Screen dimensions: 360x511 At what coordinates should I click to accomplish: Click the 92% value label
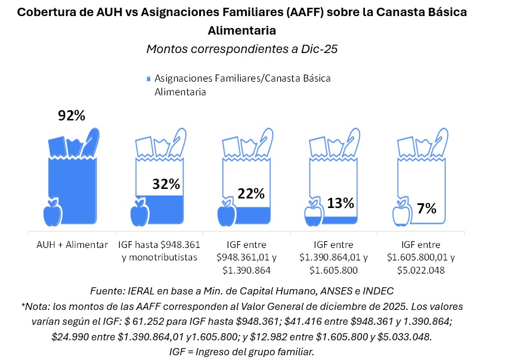click(72, 116)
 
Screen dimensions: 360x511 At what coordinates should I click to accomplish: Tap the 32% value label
click(166, 184)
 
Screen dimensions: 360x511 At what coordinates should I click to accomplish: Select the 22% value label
click(250, 194)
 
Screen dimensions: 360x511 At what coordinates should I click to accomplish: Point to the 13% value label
click(340, 203)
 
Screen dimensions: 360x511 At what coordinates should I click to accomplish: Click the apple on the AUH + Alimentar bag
click(52, 213)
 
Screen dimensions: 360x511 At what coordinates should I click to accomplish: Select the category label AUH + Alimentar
click(71, 245)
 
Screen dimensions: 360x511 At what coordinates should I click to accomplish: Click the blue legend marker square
click(147, 79)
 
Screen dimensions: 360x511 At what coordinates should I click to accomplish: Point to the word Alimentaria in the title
click(242, 30)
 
